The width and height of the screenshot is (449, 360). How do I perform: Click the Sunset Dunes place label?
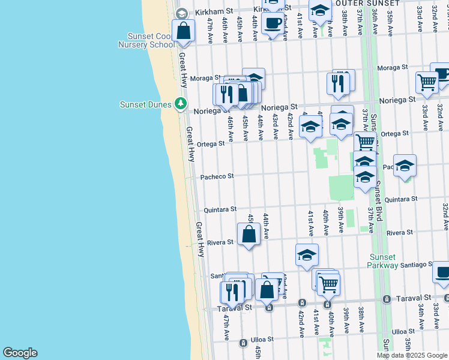[x=146, y=104]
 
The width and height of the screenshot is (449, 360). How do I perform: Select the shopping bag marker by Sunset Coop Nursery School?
[x=183, y=30]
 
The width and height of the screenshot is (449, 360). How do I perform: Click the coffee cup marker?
[x=273, y=23]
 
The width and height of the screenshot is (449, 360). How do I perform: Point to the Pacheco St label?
[x=217, y=176]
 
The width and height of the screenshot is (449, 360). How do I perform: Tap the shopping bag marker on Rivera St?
[x=249, y=234]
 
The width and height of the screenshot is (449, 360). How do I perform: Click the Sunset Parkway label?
[x=384, y=261]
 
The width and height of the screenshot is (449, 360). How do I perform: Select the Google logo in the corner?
[x=20, y=353]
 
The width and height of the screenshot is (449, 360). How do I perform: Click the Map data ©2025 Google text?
[x=412, y=355]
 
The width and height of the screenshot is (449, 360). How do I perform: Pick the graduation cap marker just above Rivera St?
[x=307, y=254]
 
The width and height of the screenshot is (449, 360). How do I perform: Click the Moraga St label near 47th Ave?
[x=206, y=79]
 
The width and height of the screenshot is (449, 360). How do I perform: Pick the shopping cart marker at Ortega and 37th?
[x=365, y=142]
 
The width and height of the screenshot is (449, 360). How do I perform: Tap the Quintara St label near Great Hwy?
[x=220, y=209]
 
